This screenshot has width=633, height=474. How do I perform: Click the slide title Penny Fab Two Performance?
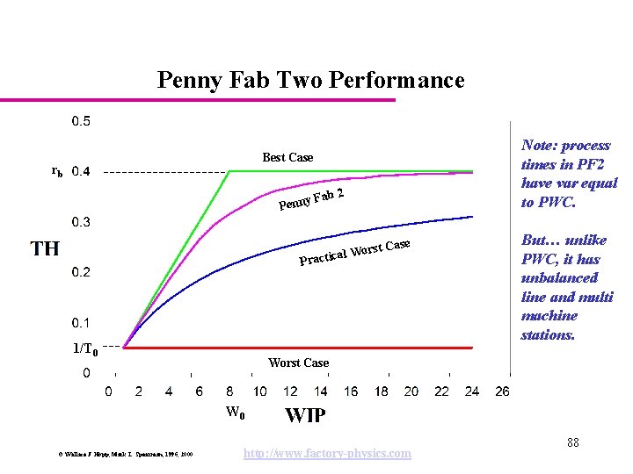(x=310, y=81)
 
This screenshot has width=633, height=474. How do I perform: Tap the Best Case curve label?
(x=287, y=157)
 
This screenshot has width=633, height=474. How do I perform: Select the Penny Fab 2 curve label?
(x=310, y=199)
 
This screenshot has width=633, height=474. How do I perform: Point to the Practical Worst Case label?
(x=355, y=252)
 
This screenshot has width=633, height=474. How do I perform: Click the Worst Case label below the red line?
(x=298, y=363)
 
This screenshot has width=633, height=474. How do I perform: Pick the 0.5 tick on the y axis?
(x=80, y=121)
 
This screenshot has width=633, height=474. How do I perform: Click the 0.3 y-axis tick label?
(x=80, y=222)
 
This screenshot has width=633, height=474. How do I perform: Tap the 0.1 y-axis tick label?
(x=80, y=323)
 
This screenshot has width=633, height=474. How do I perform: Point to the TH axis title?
(x=45, y=248)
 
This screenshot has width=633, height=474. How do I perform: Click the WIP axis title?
(x=305, y=414)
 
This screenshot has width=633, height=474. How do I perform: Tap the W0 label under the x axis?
(x=235, y=412)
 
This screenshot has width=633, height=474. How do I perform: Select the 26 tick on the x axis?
(x=501, y=391)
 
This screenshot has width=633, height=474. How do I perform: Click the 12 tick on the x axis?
(x=290, y=391)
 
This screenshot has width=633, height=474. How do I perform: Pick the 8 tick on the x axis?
(x=230, y=391)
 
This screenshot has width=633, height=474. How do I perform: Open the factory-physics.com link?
(x=326, y=453)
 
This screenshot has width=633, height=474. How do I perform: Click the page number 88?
(x=572, y=442)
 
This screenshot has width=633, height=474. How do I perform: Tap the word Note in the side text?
(x=537, y=146)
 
